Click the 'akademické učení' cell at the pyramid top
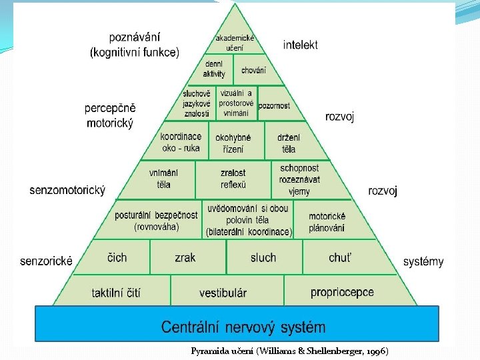235,43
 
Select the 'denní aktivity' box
215,69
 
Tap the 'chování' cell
253,70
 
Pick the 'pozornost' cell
274,105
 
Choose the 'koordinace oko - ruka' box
181,142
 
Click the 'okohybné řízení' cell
233,143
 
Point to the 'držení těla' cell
289,143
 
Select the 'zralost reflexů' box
233,178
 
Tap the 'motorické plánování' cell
327,222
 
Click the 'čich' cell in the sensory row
117,257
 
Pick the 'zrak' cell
185,257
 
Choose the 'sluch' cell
263,257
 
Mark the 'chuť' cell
341,257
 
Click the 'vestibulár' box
223,293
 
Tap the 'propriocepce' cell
342,292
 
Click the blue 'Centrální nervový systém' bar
243,327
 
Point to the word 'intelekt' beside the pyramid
301,45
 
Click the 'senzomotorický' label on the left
67,191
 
